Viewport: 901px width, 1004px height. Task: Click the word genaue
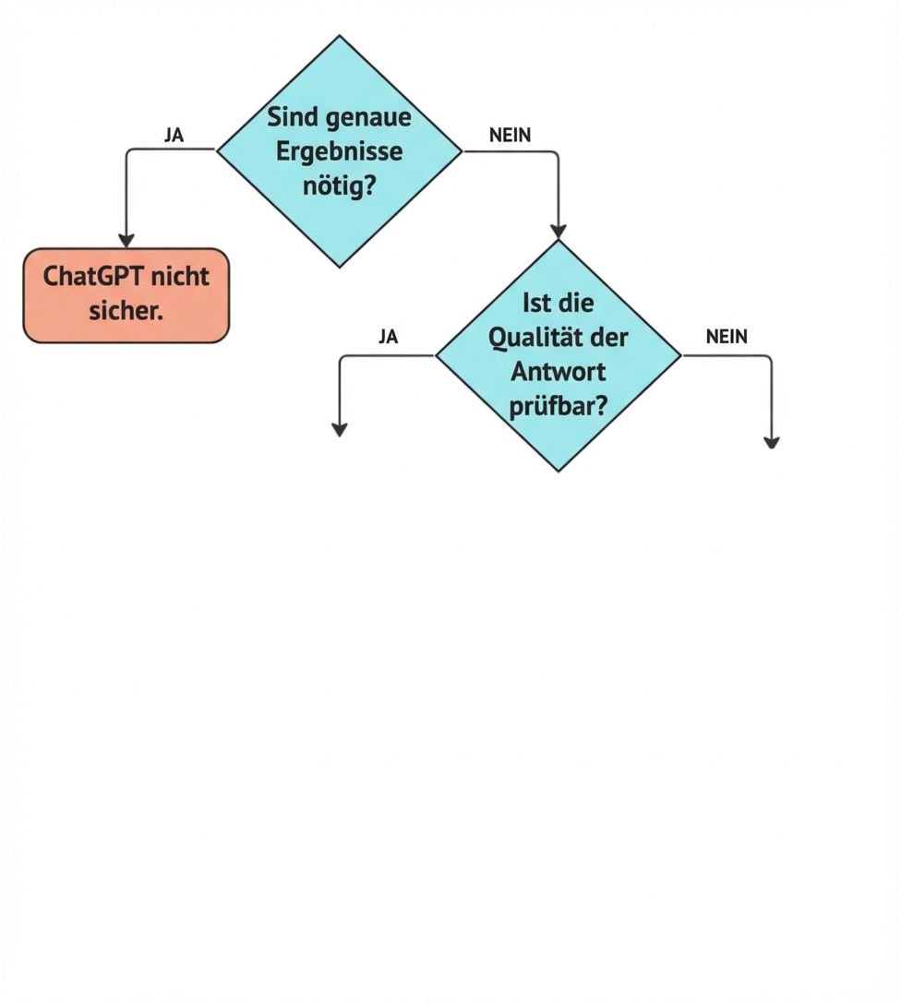pyautogui.click(x=369, y=118)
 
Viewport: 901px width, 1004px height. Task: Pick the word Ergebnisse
pyautogui.click(x=339, y=151)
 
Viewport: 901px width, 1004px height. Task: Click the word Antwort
pyautogui.click(x=558, y=371)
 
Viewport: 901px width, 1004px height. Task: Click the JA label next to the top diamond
pyautogui.click(x=174, y=135)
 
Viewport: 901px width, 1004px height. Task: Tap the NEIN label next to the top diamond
pyautogui.click(x=511, y=135)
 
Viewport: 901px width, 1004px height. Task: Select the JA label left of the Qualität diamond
pyautogui.click(x=388, y=337)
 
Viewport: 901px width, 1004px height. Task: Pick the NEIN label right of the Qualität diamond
pyautogui.click(x=727, y=337)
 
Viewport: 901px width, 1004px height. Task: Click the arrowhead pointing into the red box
pyautogui.click(x=126, y=241)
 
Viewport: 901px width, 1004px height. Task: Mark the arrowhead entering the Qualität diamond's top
pyautogui.click(x=558, y=232)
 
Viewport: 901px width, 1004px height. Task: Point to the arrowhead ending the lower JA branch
pyautogui.click(x=340, y=429)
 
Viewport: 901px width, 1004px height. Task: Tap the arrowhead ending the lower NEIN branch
pyautogui.click(x=772, y=443)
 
